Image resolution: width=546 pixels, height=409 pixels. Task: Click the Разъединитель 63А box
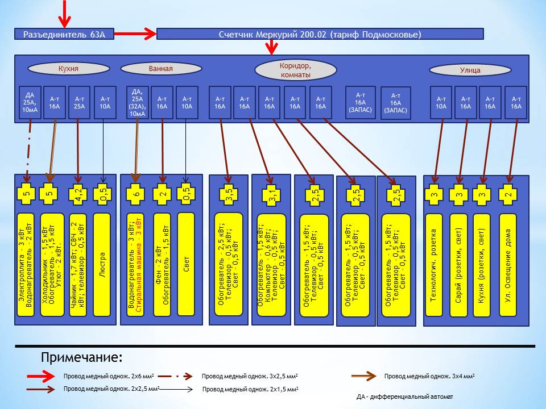[64, 34]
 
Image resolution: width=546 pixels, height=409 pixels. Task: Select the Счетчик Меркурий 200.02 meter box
[320, 34]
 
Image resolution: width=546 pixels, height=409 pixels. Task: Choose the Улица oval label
[470, 70]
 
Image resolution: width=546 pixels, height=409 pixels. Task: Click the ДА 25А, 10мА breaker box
[30, 102]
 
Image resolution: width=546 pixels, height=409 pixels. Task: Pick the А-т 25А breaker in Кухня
[79, 102]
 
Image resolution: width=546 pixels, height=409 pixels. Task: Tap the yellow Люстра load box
[103, 264]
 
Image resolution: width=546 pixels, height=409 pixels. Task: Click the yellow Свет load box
[187, 264]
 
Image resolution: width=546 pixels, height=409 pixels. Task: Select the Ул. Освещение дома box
[508, 264]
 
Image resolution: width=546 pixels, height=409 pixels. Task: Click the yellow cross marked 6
[136, 194]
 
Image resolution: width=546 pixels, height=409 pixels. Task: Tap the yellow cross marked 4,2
[78, 194]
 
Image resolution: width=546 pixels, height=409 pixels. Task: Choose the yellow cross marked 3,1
[272, 197]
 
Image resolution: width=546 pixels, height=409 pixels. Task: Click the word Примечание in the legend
[81, 357]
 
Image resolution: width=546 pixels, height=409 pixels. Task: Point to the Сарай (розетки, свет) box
[458, 264]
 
